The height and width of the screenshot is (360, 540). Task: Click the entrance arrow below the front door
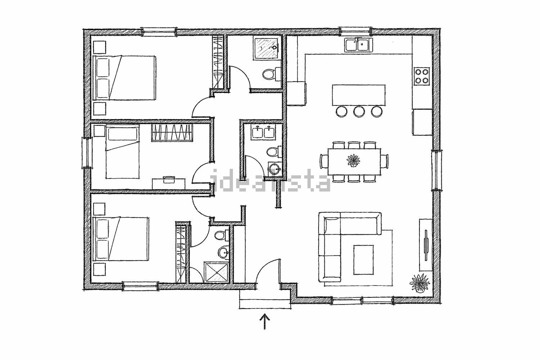point(265,321)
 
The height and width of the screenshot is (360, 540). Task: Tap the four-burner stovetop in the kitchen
point(422,76)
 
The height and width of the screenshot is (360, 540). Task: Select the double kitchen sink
point(358,45)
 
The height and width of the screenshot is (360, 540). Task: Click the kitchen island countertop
point(359,95)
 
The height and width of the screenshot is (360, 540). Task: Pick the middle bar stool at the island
point(359,112)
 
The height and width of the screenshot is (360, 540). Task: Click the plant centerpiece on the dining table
point(353,160)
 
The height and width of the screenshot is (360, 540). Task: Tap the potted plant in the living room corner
point(420,283)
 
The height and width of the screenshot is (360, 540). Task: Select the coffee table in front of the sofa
point(364,260)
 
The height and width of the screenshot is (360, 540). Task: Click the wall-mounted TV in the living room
point(426,245)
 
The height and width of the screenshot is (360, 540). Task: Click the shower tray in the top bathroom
point(267,48)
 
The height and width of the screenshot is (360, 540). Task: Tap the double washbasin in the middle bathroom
point(263,132)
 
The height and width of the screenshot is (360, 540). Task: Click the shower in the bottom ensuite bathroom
point(216,272)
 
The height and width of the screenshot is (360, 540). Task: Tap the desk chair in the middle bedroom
point(169,180)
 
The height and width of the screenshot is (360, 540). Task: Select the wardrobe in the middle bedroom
point(172,132)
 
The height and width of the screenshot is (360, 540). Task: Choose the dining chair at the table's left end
point(324,161)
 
